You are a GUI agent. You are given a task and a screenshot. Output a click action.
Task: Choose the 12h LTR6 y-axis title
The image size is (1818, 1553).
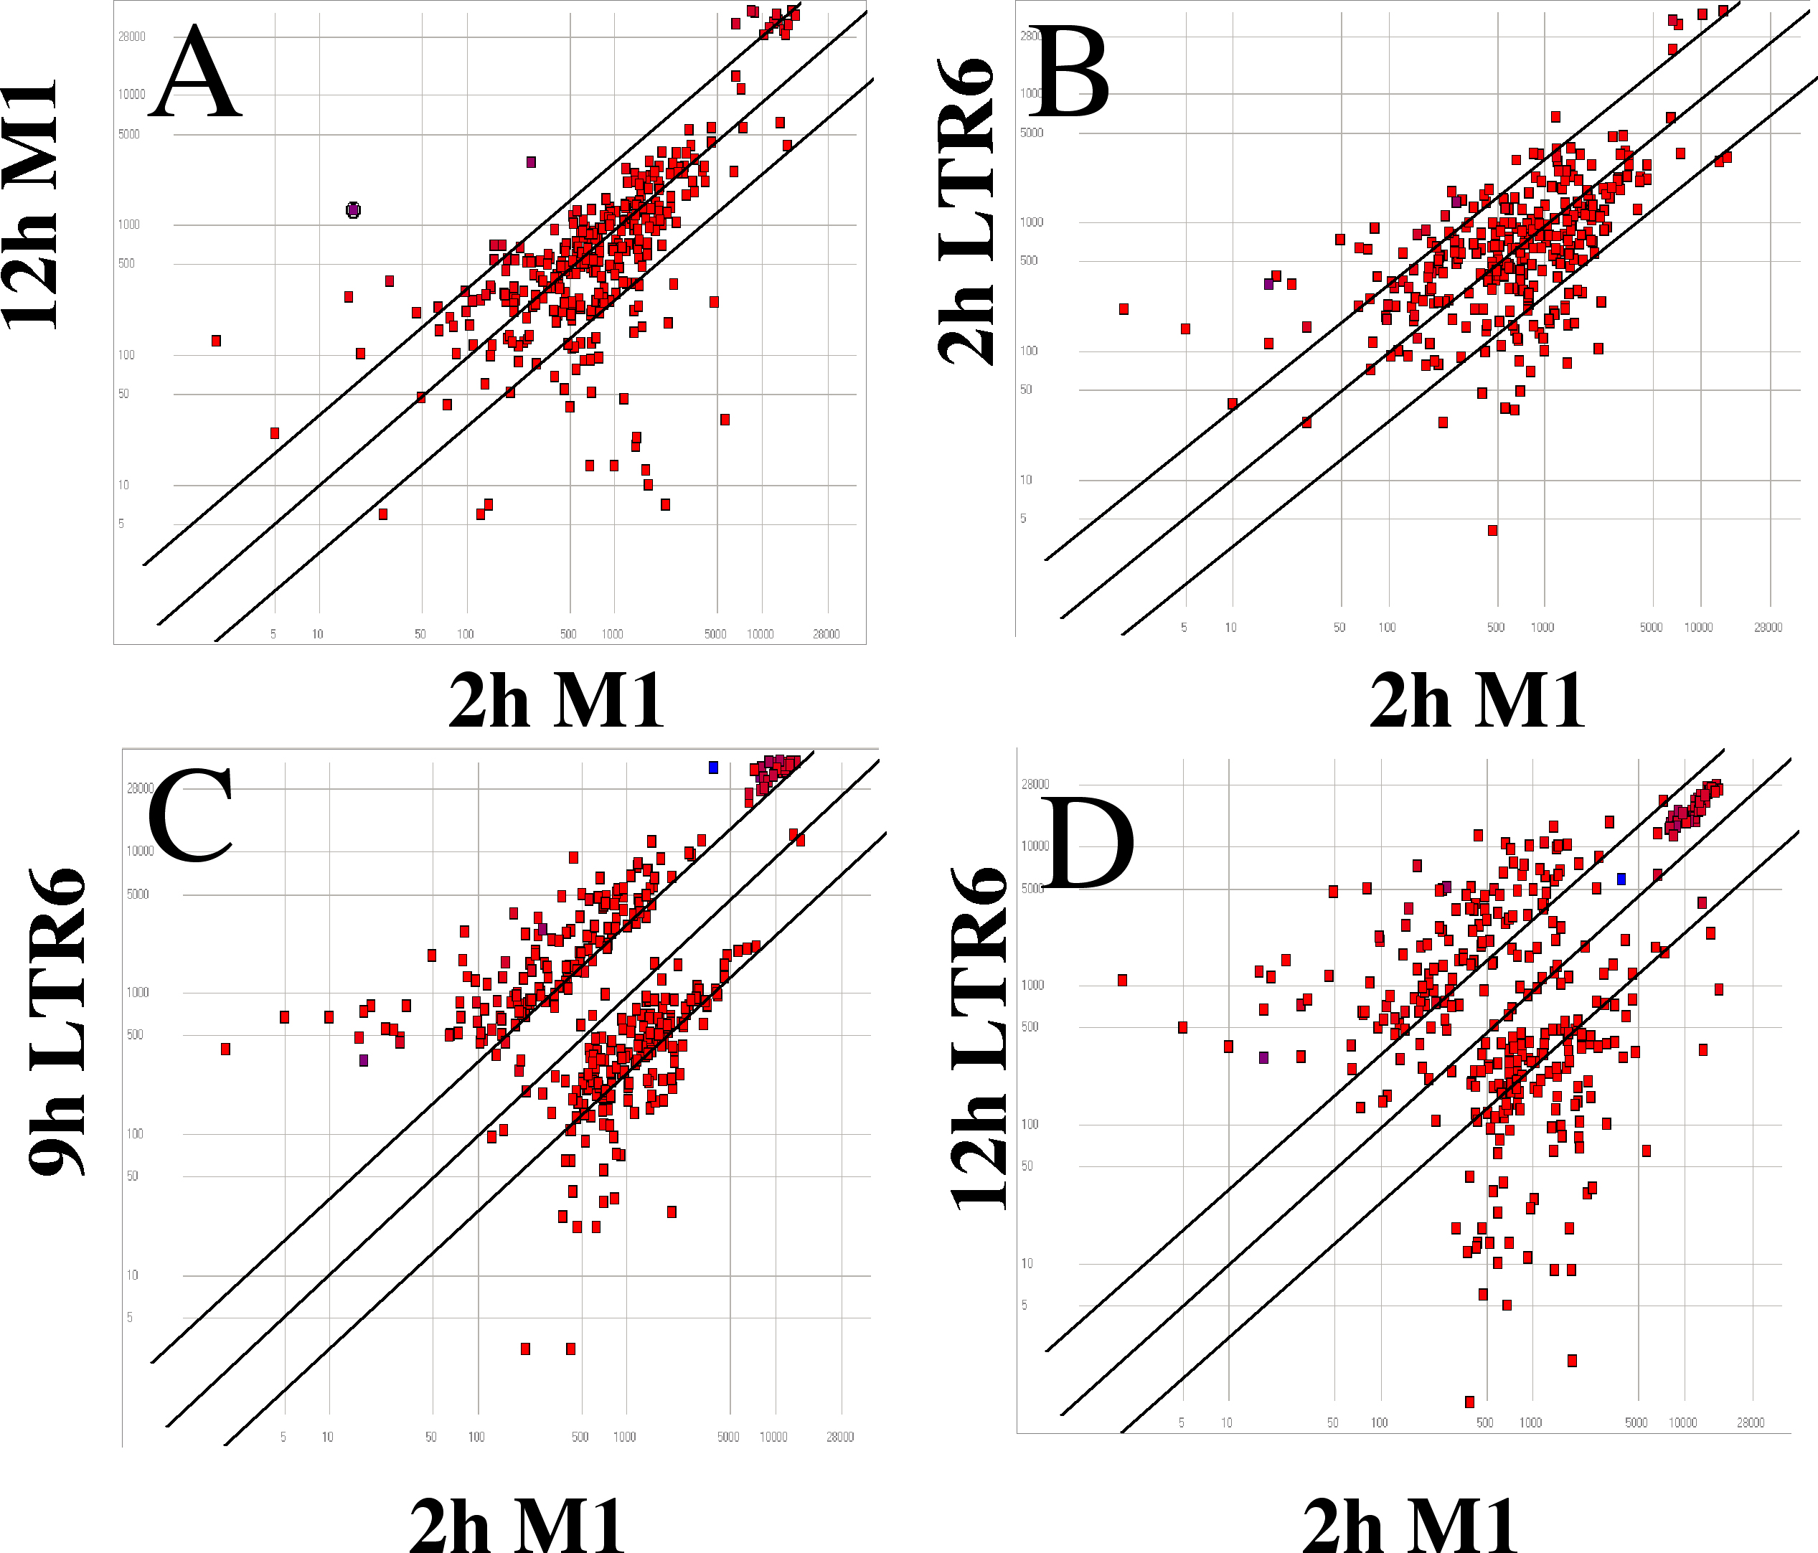tap(979, 1039)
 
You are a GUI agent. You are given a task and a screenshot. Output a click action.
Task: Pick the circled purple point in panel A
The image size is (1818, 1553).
tap(353, 209)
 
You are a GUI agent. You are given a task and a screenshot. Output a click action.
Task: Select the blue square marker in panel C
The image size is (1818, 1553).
tap(713, 768)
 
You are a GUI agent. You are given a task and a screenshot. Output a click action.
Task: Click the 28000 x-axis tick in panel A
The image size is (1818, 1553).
tap(825, 633)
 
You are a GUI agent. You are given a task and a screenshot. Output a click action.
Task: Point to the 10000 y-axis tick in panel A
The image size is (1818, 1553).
tap(131, 95)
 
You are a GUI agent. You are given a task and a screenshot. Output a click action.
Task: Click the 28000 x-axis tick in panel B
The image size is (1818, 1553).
tap(1767, 628)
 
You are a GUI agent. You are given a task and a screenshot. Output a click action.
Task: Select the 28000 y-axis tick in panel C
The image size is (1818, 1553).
tap(141, 788)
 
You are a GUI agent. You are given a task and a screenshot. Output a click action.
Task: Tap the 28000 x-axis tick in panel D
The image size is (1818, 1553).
tap(1750, 1422)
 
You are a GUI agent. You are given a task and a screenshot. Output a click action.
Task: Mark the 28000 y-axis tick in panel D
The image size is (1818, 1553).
tap(1035, 783)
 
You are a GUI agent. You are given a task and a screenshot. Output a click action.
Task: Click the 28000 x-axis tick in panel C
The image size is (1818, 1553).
tap(839, 1436)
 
